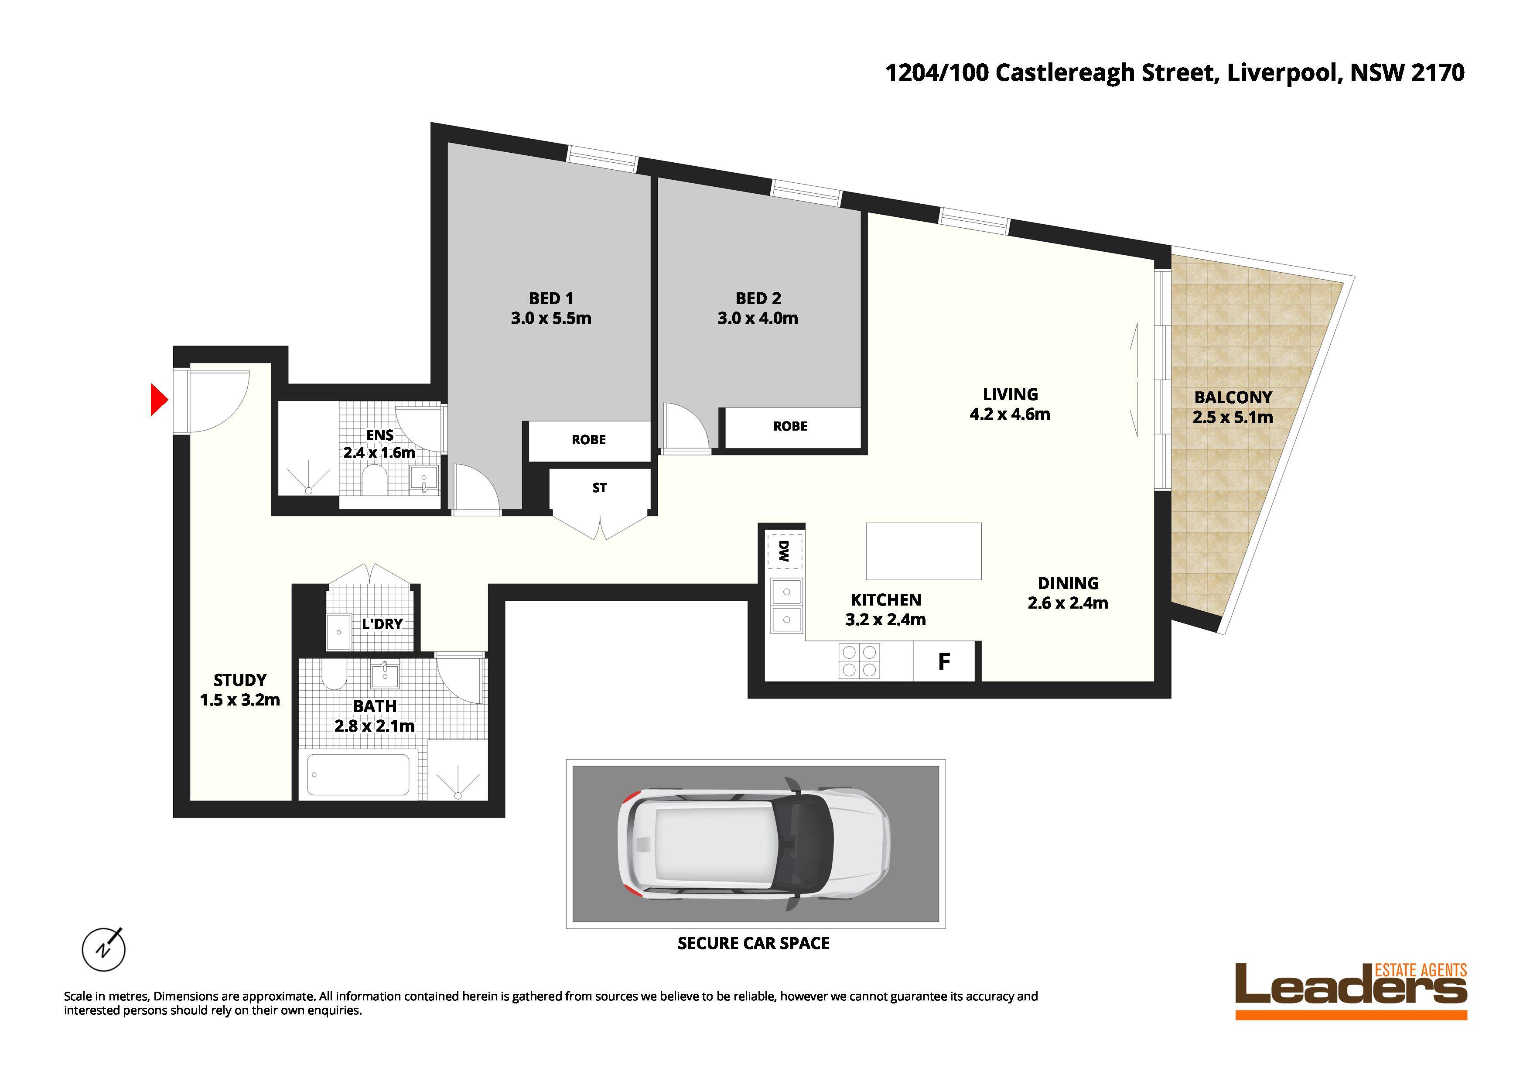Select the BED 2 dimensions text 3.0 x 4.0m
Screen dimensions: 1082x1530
point(758,318)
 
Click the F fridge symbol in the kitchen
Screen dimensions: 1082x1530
point(943,661)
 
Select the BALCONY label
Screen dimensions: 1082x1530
point(1233,397)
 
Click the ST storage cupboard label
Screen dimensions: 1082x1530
point(599,488)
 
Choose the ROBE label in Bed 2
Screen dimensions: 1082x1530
point(790,426)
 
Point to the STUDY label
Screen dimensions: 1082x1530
point(240,680)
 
